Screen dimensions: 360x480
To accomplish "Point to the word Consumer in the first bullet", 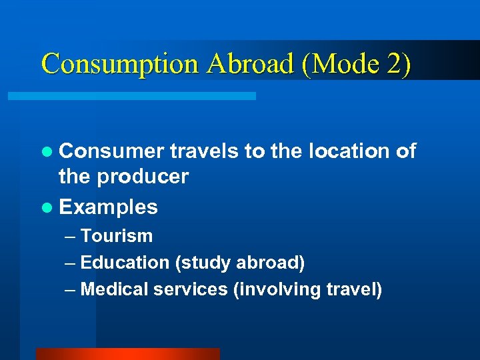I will [111, 152].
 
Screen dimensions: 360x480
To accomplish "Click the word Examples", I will [109, 207].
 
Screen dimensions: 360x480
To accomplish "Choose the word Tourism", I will [117, 236].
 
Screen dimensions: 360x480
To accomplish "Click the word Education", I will [125, 263].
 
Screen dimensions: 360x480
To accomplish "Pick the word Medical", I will [114, 290].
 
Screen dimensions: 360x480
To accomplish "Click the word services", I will [190, 290].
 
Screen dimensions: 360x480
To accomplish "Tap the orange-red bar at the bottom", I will [127, 353].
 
